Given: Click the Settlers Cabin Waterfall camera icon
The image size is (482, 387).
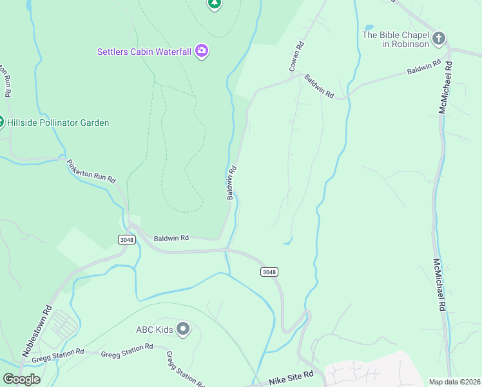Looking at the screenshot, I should pyautogui.click(x=202, y=51).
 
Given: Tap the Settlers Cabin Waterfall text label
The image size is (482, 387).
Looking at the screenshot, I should pyautogui.click(x=144, y=52).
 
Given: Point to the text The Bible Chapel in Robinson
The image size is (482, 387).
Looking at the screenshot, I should pyautogui.click(x=395, y=39).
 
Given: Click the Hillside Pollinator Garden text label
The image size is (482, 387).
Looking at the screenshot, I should pyautogui.click(x=58, y=123).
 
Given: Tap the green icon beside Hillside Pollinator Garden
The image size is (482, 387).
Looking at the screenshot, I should pyautogui.click(x=1, y=122).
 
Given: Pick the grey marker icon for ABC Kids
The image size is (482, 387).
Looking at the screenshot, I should pyautogui.click(x=183, y=330).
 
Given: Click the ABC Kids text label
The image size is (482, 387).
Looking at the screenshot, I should pyautogui.click(x=155, y=330).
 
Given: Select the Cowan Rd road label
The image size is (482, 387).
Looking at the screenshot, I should pyautogui.click(x=296, y=57).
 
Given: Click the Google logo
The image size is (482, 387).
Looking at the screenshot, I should pyautogui.click(x=21, y=379).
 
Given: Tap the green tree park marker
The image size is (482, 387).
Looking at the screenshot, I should pyautogui.click(x=215, y=3).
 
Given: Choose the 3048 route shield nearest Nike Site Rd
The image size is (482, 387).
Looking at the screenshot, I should pyautogui.click(x=269, y=272).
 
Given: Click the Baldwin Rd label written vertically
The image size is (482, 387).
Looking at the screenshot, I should pyautogui.click(x=231, y=183).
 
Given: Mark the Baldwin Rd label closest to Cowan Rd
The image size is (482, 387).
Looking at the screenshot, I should pyautogui.click(x=320, y=86).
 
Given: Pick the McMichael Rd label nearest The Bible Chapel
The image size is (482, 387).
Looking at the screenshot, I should pyautogui.click(x=444, y=88).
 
